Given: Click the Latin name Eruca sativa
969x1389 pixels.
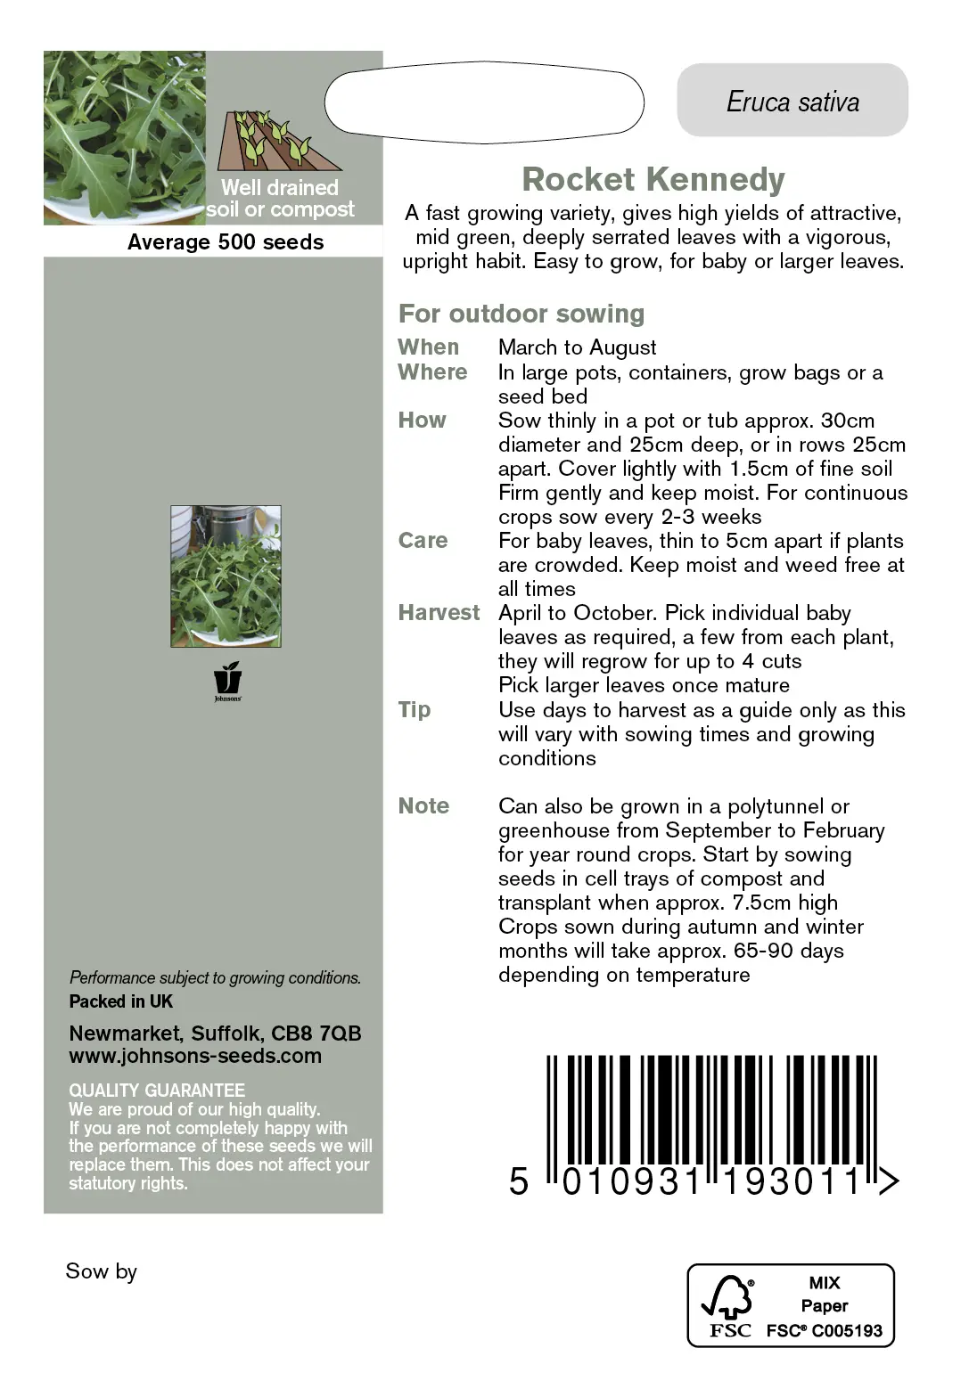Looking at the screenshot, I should pos(792,102).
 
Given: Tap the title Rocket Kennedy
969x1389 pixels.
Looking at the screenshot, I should pos(653,179).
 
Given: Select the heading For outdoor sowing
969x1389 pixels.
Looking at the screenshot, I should pos(521,314).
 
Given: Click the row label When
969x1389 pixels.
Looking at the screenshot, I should pos(428,347).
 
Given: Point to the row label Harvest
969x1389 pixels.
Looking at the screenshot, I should pos(438,612).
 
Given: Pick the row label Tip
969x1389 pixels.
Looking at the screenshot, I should pos(414,709).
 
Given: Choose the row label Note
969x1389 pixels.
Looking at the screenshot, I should pos(423,805).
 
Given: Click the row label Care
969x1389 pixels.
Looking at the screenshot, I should pos(423,540).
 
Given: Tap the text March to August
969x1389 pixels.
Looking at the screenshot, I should pos(577,347).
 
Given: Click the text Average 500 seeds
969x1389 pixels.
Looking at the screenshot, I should pos(226,242).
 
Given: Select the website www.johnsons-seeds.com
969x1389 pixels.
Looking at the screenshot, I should pos(195,1056).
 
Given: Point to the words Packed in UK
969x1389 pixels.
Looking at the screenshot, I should pos(121,1001).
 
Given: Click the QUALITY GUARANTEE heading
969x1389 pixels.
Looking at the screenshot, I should pos(157,1090).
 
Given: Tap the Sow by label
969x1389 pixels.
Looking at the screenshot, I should pos(101,1271).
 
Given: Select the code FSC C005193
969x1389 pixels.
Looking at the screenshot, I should pos(825,1331).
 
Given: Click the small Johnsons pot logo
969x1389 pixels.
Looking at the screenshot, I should pos(227,679).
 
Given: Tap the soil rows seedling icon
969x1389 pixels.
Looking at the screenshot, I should pos(277,141).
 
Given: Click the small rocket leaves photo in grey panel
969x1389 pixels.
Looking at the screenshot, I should pos(226,576).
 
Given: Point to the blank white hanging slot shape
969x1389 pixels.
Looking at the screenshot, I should pos(484,102).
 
